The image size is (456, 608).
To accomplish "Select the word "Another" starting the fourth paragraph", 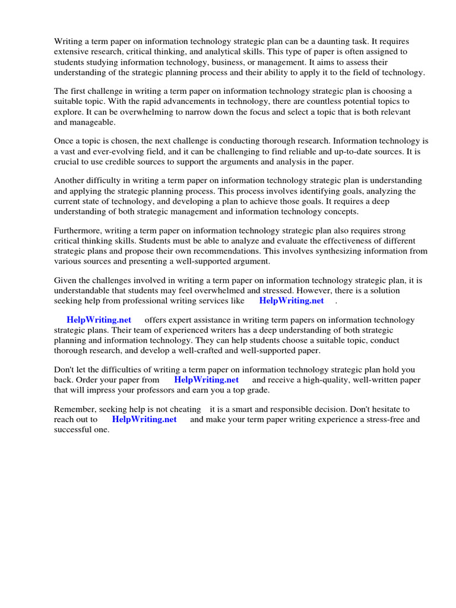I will tap(69, 180).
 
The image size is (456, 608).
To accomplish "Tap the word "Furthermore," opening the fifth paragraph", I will tap(78, 230).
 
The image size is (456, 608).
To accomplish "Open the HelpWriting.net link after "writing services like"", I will tap(292, 300).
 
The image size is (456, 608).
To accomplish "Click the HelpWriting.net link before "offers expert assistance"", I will tap(99, 320).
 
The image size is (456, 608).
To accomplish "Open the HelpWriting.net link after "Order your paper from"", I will tap(206, 380).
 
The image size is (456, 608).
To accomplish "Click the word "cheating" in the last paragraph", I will tap(183, 410).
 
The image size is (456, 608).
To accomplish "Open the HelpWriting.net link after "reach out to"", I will tap(144, 420).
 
